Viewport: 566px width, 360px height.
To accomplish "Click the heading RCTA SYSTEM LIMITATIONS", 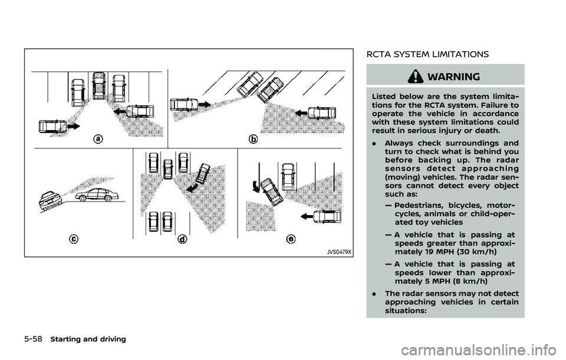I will [x=427, y=54].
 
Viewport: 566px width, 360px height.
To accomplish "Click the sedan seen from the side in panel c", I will [x=97, y=195].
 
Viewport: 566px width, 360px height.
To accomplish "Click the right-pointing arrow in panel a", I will [x=75, y=126].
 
